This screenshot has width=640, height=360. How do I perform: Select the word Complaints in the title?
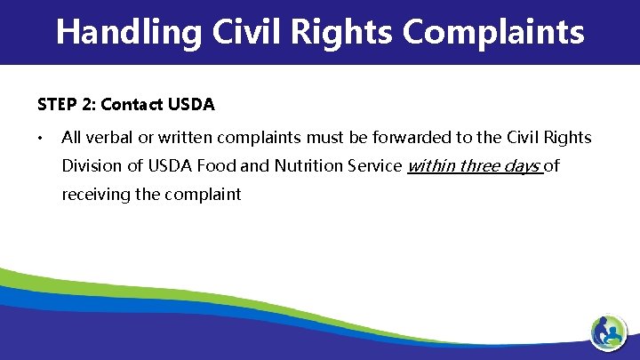[x=493, y=32]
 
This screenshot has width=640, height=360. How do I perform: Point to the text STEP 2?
[x=67, y=105]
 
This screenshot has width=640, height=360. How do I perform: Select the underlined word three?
[x=478, y=165]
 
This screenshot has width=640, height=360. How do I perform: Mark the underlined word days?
[x=522, y=166]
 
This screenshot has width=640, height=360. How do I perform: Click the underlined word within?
[x=430, y=165]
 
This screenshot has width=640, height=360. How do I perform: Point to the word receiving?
[x=95, y=194]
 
